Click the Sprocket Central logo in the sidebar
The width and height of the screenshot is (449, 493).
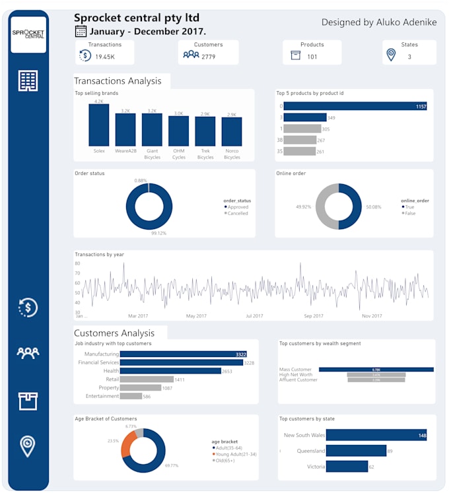(28, 34)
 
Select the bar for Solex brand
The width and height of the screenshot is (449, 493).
(99, 125)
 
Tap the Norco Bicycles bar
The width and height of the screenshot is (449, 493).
(232, 131)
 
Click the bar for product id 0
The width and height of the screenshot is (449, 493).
(355, 106)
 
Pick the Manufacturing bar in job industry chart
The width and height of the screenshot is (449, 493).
(183, 354)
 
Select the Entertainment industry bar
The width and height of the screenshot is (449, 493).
(131, 396)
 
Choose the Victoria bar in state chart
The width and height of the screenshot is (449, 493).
(347, 467)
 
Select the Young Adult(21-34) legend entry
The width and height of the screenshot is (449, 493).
(234, 454)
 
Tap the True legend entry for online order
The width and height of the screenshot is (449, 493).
(410, 207)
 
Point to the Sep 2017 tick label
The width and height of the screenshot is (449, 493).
(313, 316)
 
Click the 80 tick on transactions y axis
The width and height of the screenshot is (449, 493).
(77, 263)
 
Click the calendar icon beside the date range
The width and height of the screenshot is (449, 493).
(81, 31)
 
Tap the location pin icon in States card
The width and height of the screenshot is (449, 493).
(391, 55)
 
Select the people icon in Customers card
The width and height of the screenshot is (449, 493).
(191, 55)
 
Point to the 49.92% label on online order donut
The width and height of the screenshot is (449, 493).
(304, 207)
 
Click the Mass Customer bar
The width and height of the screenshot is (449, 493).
(376, 370)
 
